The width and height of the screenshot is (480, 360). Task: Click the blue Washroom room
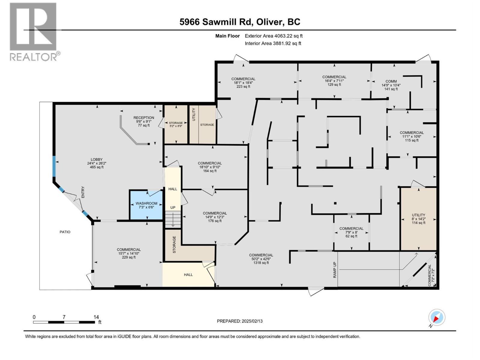click(146, 205)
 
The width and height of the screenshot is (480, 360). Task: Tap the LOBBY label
click(97, 159)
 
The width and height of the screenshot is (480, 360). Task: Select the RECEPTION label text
click(144, 118)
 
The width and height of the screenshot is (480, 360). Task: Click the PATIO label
click(65, 232)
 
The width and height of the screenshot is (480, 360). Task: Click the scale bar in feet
click(64, 322)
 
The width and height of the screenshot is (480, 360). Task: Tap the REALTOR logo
click(34, 31)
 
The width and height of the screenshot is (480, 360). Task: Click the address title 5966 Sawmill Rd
click(240, 22)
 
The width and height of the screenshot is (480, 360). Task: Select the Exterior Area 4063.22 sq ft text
click(274, 36)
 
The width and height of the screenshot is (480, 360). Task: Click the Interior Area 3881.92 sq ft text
click(273, 43)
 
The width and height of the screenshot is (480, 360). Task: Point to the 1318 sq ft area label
click(261, 263)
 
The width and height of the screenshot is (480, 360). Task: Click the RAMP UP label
click(335, 270)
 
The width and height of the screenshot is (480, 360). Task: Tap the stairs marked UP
click(173, 219)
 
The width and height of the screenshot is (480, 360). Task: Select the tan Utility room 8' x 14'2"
click(418, 219)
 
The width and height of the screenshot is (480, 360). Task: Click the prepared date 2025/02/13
click(240, 321)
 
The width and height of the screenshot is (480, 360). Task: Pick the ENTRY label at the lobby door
click(83, 192)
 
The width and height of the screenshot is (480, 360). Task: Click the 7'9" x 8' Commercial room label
click(351, 232)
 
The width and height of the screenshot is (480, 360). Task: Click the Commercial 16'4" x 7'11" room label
click(334, 81)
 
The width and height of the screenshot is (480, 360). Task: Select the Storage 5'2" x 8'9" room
click(175, 124)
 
